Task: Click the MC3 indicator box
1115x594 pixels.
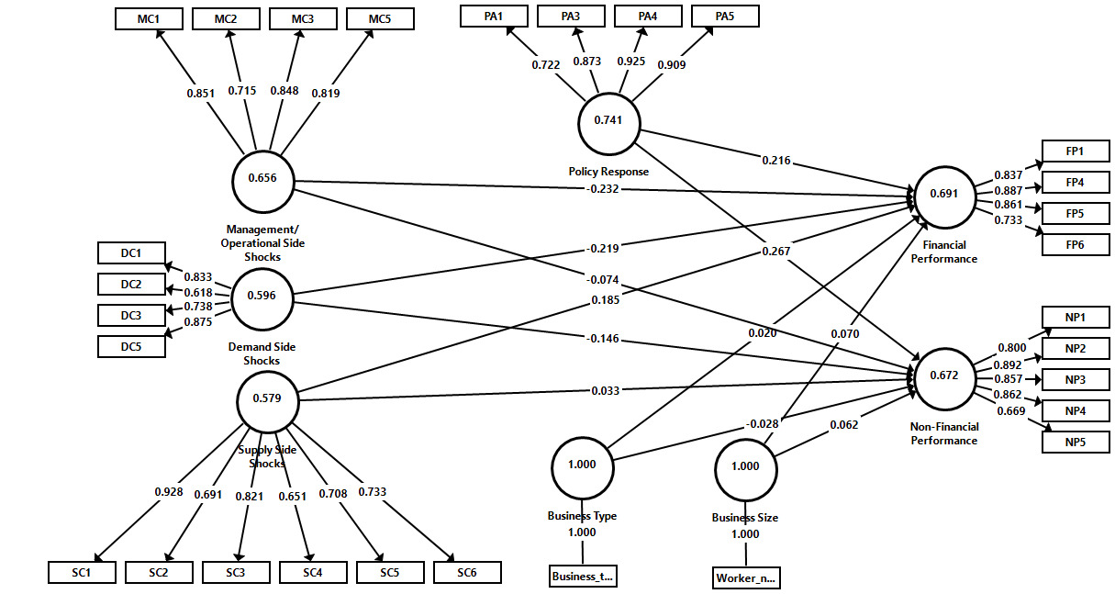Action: (304, 17)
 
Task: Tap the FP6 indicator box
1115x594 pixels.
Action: (1076, 244)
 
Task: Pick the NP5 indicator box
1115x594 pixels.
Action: (1076, 441)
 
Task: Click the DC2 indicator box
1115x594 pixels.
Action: (131, 284)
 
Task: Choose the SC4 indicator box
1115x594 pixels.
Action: (313, 572)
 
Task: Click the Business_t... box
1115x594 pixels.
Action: (582, 577)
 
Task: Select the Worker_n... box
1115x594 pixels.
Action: (746, 577)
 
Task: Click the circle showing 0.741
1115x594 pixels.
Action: (608, 121)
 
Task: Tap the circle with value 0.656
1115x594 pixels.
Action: (262, 180)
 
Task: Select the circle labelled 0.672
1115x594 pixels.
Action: (944, 375)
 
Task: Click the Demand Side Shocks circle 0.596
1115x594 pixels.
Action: (262, 297)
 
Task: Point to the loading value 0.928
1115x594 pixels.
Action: (169, 492)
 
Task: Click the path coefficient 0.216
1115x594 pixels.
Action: (776, 161)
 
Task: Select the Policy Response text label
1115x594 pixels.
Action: (608, 172)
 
